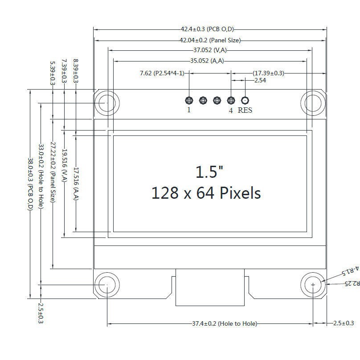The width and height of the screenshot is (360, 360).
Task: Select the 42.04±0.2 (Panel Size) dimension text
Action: [210, 40]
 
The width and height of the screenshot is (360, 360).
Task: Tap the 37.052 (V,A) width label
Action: [209, 50]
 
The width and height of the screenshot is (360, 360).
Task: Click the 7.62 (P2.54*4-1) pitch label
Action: [162, 73]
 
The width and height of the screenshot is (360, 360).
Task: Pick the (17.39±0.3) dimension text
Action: [268, 73]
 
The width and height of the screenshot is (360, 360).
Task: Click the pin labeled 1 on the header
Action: [188, 100]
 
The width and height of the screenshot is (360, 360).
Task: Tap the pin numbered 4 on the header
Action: [231, 100]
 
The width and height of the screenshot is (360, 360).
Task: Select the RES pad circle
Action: [245, 100]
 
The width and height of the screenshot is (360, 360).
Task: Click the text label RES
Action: [245, 110]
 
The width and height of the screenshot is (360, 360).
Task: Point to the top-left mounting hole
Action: [107, 103]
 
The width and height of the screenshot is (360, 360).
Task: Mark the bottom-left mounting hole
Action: [107, 284]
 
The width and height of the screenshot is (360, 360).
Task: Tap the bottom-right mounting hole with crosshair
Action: [313, 284]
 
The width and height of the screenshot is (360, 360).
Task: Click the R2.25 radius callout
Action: [352, 283]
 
